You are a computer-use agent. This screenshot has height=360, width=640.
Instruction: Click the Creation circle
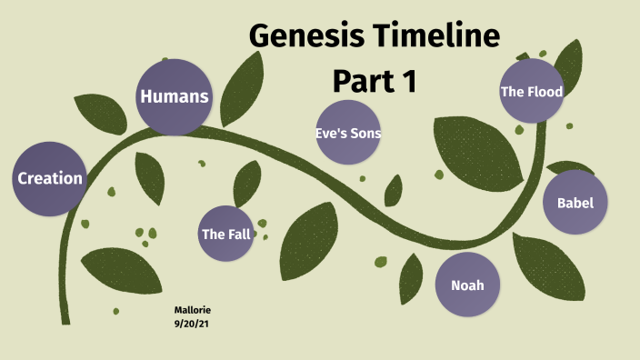point(50,179)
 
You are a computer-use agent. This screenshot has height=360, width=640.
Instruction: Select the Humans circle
point(175,96)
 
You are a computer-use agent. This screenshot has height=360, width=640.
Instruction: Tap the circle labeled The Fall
point(225,235)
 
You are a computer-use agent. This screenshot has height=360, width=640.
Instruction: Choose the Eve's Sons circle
point(347,134)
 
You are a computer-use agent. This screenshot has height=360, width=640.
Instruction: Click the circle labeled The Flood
point(531,91)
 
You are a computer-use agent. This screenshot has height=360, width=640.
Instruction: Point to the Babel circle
point(575,203)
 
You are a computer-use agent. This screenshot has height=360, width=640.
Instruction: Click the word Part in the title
point(360,81)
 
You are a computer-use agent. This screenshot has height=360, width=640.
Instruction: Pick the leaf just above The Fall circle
point(246,184)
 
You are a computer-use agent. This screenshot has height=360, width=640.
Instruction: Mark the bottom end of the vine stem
point(65,320)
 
